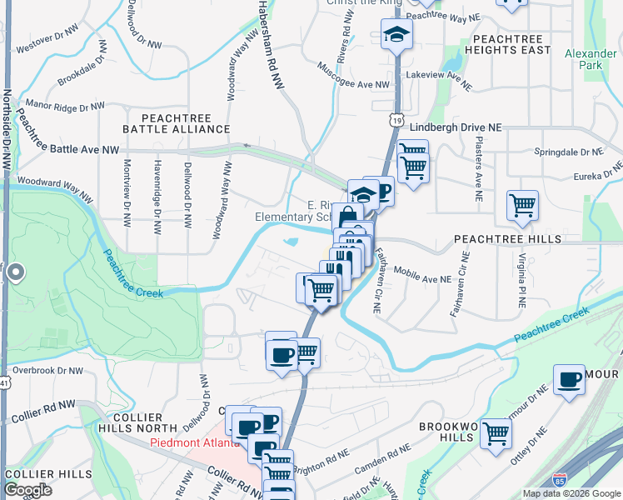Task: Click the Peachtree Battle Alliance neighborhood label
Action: tap(176, 123)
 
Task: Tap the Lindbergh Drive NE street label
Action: tap(457, 127)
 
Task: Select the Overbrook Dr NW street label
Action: tap(48, 370)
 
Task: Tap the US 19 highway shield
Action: tap(401, 121)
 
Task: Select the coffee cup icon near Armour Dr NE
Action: tap(570, 380)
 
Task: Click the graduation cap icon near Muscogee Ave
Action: tap(396, 35)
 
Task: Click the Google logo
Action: tap(27, 490)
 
